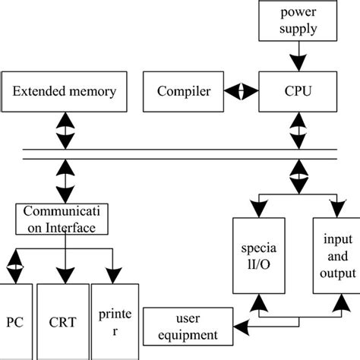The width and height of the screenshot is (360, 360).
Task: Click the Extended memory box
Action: (65, 92)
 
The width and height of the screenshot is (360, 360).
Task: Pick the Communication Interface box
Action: (65, 219)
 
